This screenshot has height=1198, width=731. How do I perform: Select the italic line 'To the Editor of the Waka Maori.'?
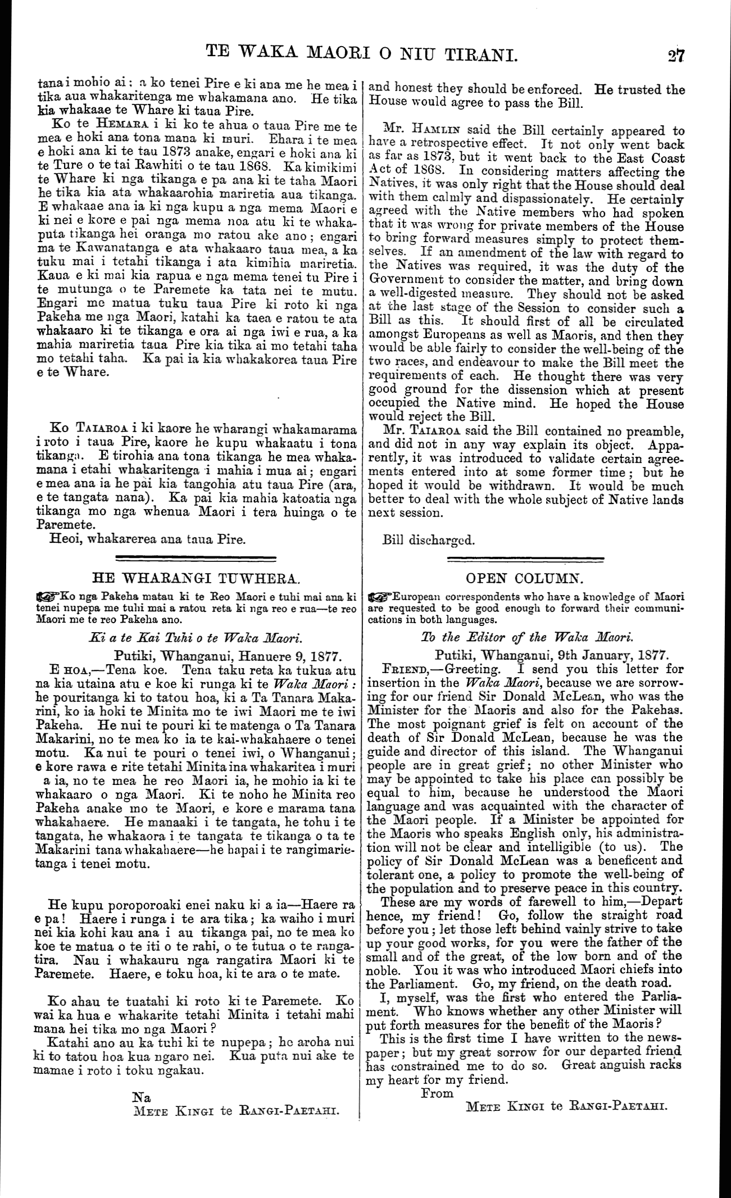coord(526,638)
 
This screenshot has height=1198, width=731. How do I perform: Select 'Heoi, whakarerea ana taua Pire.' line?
coord(148,541)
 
